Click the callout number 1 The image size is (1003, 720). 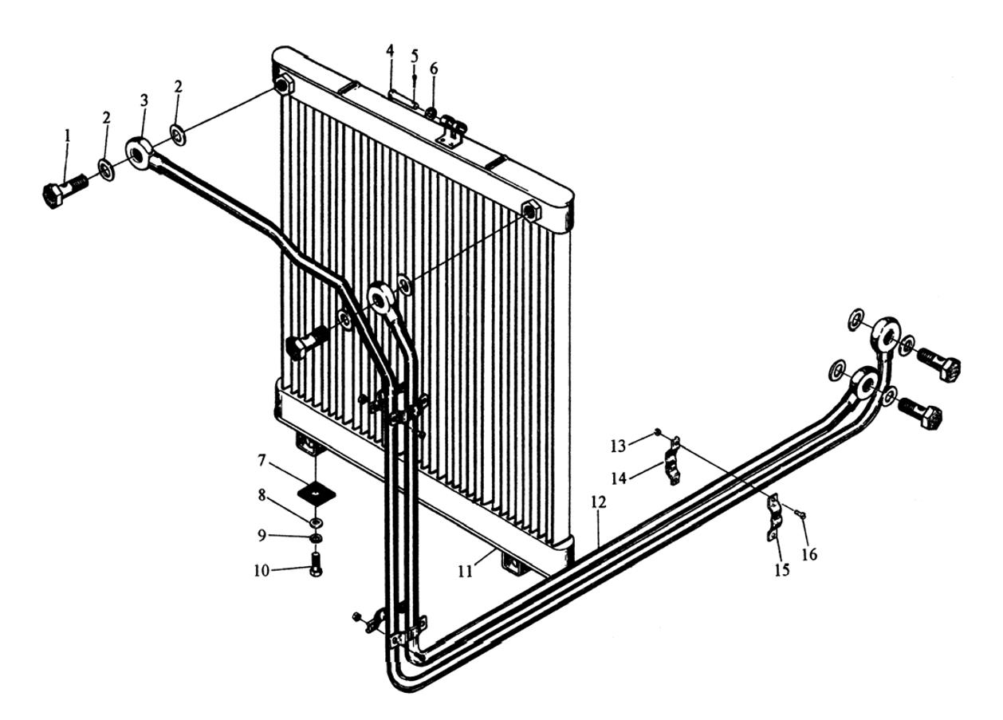pyautogui.click(x=68, y=136)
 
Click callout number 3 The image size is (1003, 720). pyautogui.click(x=144, y=102)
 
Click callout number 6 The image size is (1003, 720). pyautogui.click(x=434, y=69)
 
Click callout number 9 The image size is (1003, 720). pyautogui.click(x=261, y=536)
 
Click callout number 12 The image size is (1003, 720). pyautogui.click(x=599, y=503)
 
